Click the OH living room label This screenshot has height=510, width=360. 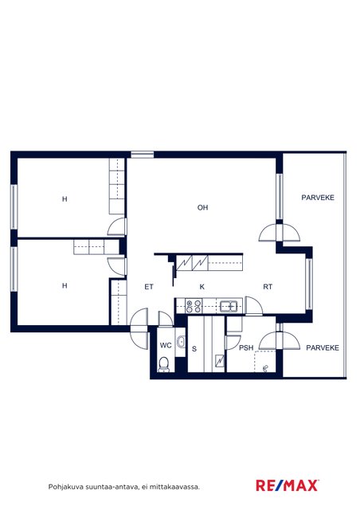tap(202, 207)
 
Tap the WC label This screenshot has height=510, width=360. tap(166, 345)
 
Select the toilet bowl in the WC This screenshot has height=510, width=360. tap(163, 364)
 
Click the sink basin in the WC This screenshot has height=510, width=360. tap(181, 342)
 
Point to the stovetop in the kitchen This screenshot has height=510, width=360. tap(194, 306)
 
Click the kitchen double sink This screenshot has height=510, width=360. tap(229, 306)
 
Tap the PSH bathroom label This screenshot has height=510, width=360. tap(246, 347)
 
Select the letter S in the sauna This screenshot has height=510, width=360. tap(194, 349)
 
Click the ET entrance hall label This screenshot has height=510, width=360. tap(149, 287)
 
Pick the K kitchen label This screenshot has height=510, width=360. tap(202, 287)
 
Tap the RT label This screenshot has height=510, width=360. tap(268, 287)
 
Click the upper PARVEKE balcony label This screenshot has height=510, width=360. tap(318, 198)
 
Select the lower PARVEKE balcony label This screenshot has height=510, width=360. tap(323, 347)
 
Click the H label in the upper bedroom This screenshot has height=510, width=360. tap(65, 198)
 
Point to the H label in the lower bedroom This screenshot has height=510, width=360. tap(65, 285)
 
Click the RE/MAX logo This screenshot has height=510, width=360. tap(288, 485)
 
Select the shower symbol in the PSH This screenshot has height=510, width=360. tap(266, 368)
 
